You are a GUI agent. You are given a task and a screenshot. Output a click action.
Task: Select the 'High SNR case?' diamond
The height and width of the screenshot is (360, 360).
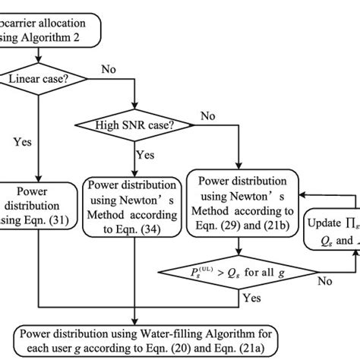click(x=134, y=126)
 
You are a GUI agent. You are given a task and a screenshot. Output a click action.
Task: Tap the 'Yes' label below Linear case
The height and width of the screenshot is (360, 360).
click(x=22, y=141)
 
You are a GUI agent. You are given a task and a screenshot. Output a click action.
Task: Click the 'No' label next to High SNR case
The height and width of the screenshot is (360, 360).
click(x=206, y=116)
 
